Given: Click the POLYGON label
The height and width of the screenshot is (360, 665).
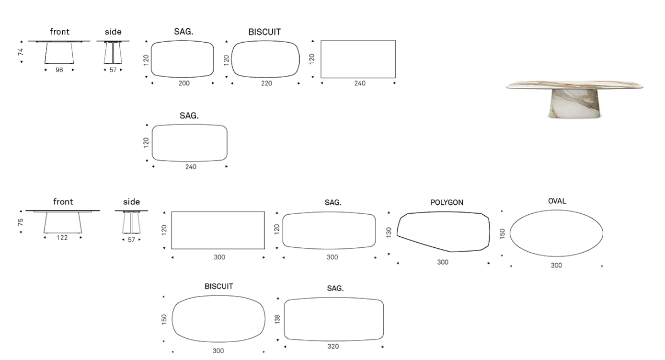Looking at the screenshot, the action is [x=447, y=202].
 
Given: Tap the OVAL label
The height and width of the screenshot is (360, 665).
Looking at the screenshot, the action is [x=557, y=201].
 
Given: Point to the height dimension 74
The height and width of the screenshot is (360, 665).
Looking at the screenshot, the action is [x=21, y=52].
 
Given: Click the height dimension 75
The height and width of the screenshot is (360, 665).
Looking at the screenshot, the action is [x=20, y=222].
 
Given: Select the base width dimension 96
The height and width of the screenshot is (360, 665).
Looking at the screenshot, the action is [x=59, y=70].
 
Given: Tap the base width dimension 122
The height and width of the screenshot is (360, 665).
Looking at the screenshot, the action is [x=62, y=238].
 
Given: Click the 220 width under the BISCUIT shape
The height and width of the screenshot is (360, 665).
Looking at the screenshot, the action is [x=266, y=83].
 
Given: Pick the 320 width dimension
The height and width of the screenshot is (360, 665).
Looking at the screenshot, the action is [x=333, y=346].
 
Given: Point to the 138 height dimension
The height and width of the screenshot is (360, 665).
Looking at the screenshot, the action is [x=277, y=319].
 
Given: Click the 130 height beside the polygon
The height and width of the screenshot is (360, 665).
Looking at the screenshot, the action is [x=389, y=232].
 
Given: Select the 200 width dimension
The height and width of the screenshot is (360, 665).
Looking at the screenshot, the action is [x=184, y=83].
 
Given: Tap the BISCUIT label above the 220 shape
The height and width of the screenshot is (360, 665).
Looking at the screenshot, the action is [x=264, y=32].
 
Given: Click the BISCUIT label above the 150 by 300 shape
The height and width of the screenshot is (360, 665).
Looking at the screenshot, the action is [x=219, y=286].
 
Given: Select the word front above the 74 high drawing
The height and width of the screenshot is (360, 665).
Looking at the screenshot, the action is [x=60, y=32].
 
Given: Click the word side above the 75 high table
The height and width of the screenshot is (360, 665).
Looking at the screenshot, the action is [x=132, y=202].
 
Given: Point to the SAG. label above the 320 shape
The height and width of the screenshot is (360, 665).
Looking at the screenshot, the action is [x=335, y=288].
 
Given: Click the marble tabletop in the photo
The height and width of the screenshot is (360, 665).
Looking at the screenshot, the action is [x=574, y=85].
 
